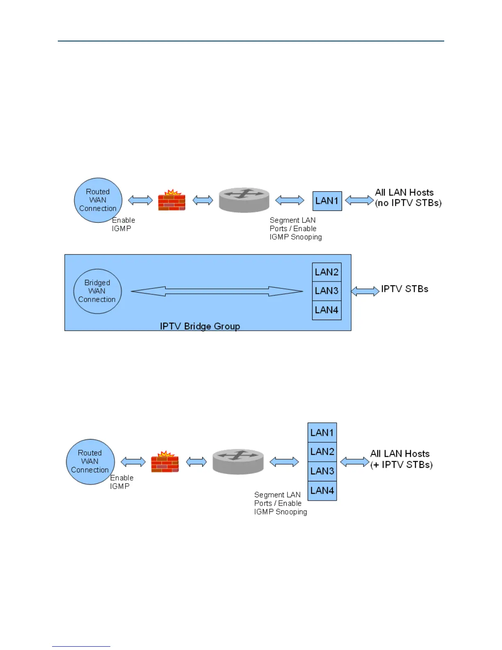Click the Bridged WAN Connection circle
click(97, 291)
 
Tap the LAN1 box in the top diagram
click(327, 201)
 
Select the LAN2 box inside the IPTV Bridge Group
click(326, 272)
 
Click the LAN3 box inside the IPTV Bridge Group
click(326, 291)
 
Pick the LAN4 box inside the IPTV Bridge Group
click(326, 310)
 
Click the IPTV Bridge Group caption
click(200, 326)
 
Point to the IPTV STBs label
click(404, 289)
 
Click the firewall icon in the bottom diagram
click(164, 462)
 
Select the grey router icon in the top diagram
click(244, 200)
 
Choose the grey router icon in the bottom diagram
click(238, 462)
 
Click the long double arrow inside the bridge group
click(217, 291)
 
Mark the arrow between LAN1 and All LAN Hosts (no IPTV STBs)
click(359, 201)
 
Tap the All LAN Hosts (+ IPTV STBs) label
click(401, 459)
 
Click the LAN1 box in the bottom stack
click(322, 433)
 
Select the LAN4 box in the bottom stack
click(322, 491)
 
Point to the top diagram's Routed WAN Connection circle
click(98, 200)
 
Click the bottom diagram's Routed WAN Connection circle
click(90, 462)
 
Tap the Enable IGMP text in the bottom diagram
click(121, 482)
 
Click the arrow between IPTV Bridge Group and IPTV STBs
click(365, 291)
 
